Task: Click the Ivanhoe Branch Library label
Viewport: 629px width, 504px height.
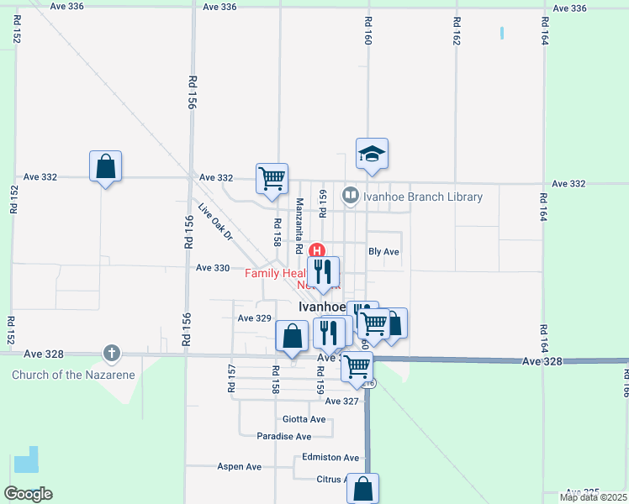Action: click(x=423, y=197)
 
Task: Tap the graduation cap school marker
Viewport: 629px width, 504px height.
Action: click(x=372, y=154)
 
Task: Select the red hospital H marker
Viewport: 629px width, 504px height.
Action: click(x=317, y=250)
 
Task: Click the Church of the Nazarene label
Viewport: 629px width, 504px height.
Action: click(x=73, y=375)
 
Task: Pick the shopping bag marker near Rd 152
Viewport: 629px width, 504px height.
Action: click(x=106, y=166)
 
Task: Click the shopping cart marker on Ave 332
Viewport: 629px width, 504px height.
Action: click(x=272, y=178)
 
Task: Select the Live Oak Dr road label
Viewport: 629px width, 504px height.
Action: click(x=214, y=223)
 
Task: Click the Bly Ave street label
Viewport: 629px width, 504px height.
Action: click(x=383, y=252)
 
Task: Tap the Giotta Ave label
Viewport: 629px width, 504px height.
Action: click(x=304, y=419)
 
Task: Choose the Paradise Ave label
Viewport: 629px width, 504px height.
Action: click(x=283, y=437)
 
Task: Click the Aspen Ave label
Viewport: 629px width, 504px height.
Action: click(x=240, y=466)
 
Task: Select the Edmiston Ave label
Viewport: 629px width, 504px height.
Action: click(x=330, y=458)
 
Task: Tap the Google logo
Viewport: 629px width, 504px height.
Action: click(x=28, y=494)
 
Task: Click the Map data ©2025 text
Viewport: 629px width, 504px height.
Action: click(x=593, y=497)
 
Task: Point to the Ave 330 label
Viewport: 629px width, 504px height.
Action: click(x=212, y=268)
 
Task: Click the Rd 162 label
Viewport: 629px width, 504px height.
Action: click(x=456, y=31)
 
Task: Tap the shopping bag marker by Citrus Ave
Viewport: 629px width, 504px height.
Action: click(x=362, y=488)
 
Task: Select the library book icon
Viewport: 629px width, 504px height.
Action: click(x=350, y=197)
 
